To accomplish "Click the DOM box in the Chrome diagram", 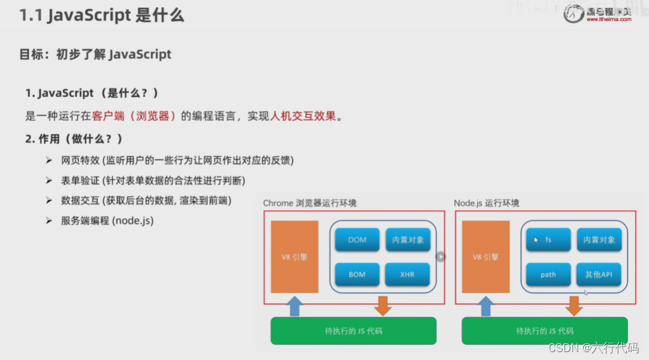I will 357,240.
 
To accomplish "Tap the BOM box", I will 357,274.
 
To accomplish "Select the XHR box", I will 407,274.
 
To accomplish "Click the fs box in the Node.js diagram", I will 548,240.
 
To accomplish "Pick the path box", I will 548,274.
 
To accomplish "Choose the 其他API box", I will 599,274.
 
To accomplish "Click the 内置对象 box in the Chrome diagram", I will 407,240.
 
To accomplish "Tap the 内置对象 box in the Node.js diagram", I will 599,240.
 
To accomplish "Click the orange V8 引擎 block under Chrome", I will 294,257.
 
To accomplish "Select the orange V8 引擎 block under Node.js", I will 485,257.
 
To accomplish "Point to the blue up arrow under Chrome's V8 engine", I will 295,306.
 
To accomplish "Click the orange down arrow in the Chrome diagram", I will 382,306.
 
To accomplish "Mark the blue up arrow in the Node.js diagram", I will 486,306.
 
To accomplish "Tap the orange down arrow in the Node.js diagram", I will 573,306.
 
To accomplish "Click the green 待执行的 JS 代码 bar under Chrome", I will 353,330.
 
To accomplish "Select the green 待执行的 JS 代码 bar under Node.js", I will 544,330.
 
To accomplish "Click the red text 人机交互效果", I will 303,116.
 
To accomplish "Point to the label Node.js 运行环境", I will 486,203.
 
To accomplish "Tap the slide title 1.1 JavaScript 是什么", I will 102,15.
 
